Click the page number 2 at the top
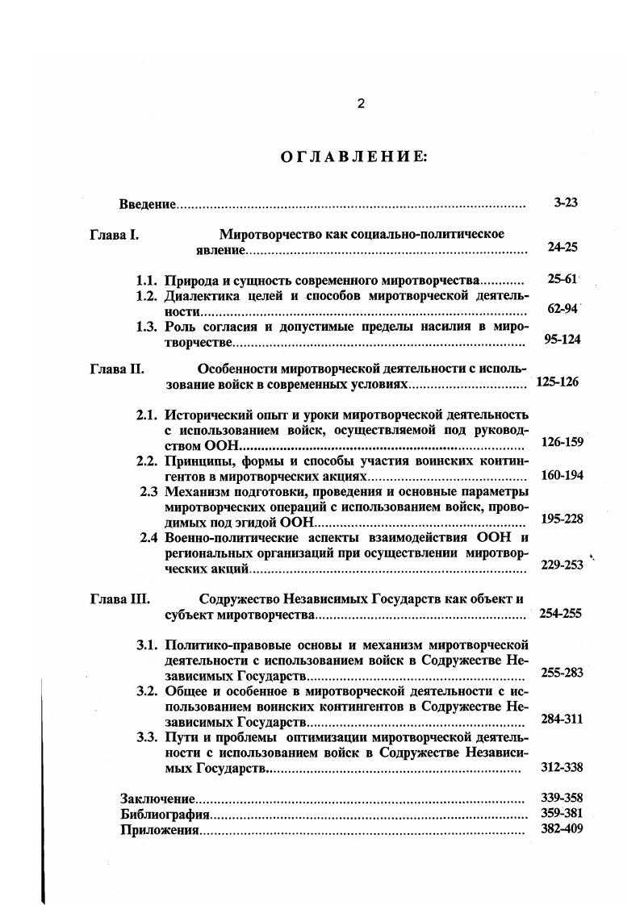tap(361, 103)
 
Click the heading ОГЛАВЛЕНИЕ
tap(353, 156)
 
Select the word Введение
tap(147, 203)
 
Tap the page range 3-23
tap(566, 203)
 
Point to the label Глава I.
tap(114, 235)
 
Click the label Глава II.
tap(116, 369)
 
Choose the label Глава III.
tap(119, 599)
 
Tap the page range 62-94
tap(563, 310)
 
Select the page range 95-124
tap(562, 340)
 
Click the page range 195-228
tap(562, 519)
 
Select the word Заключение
tap(157, 799)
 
